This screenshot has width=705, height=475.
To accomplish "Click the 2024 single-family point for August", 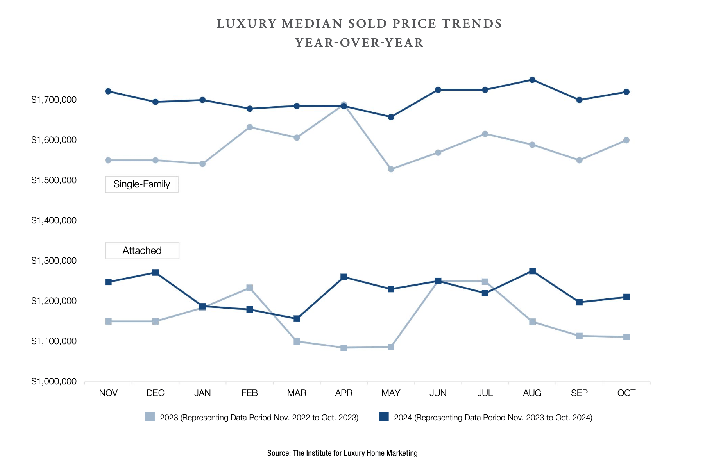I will click(x=532, y=80).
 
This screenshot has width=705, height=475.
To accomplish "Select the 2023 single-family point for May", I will click(x=391, y=169).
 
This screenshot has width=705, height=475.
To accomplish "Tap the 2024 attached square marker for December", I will click(x=156, y=272).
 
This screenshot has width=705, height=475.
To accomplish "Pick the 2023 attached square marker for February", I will click(x=250, y=288).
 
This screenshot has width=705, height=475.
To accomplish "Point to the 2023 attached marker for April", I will click(x=344, y=348).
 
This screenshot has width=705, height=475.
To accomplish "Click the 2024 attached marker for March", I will click(x=297, y=319).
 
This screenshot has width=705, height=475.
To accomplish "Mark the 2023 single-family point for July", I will click(x=485, y=134).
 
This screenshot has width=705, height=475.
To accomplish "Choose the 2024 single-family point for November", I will click(x=108, y=91).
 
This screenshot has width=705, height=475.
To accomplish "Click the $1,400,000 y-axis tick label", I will click(x=54, y=221).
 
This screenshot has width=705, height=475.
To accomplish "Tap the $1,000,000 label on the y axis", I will click(x=54, y=382).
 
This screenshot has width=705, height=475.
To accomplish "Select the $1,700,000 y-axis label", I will click(x=54, y=100).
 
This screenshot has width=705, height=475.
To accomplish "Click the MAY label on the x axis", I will click(x=391, y=393).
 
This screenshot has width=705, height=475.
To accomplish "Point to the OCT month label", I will click(x=626, y=393).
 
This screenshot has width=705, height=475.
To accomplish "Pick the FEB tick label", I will click(x=250, y=393).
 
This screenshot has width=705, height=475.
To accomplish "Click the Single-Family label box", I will click(x=141, y=184).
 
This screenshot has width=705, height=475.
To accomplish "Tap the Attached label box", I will click(x=142, y=251).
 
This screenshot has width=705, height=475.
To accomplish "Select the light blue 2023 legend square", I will click(x=150, y=417).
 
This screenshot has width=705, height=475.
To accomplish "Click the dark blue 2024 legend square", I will click(x=384, y=417).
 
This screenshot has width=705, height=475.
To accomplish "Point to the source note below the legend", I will click(x=342, y=453).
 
